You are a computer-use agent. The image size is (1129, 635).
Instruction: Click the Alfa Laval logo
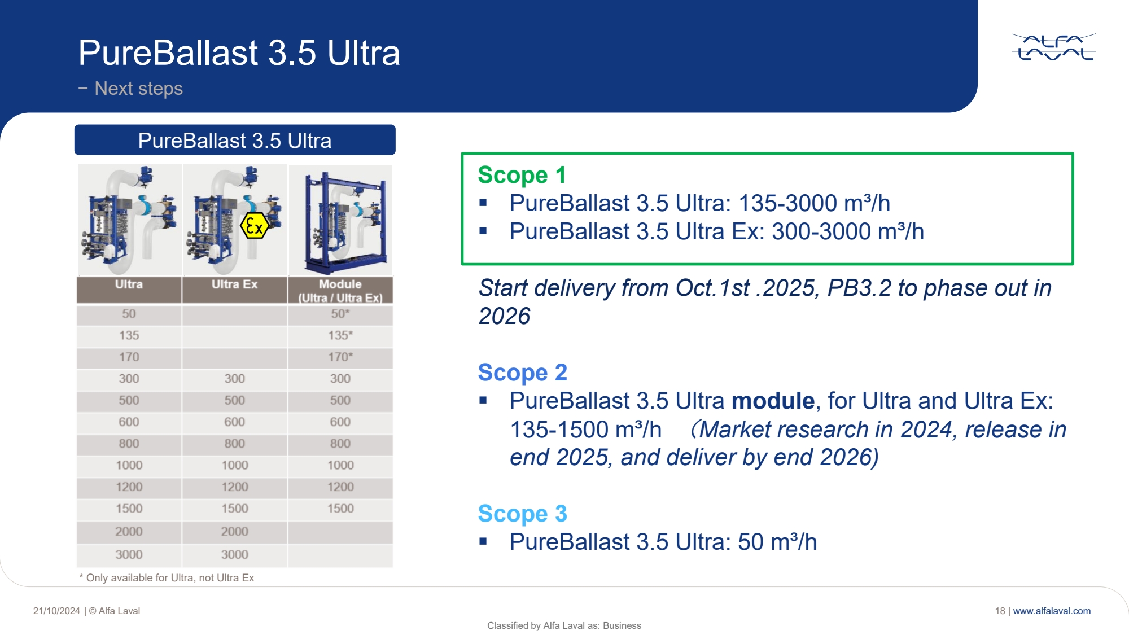point(1053,47)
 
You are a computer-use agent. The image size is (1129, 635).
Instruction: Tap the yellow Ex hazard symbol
point(254,226)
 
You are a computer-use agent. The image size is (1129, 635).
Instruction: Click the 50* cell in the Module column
point(340,314)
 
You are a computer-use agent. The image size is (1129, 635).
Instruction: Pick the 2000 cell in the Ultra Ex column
point(234,531)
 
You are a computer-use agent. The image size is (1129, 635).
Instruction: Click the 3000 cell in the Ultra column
point(129,555)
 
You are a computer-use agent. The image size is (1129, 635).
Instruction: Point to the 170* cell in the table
point(340,357)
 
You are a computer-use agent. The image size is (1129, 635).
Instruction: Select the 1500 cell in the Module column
point(340,509)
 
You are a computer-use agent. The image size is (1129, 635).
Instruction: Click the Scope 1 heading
point(522,175)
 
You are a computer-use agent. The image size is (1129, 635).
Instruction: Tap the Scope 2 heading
point(522,373)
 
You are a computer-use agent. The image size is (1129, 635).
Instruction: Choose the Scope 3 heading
point(522,514)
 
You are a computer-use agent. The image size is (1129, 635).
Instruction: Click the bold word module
point(773,401)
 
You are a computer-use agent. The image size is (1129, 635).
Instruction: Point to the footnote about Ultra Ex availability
point(167,578)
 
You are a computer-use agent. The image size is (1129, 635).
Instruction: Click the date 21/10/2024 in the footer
point(56,611)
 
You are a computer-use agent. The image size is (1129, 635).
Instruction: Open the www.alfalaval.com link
point(1052,611)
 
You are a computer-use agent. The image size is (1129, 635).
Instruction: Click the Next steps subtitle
point(138,89)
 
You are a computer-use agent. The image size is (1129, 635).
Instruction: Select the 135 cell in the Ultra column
point(129,335)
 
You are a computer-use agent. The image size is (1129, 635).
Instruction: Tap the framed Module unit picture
point(340,220)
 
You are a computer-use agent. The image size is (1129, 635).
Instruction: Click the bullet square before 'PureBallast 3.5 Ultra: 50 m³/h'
point(483,541)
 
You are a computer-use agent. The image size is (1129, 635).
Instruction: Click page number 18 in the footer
point(1000,611)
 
